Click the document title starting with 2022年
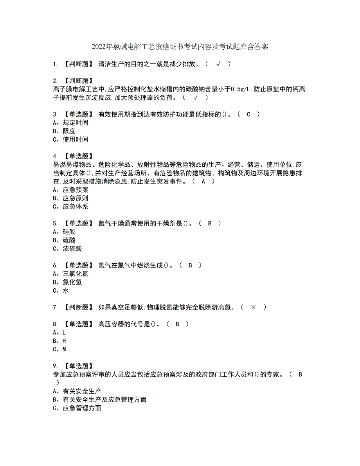(x=180, y=47)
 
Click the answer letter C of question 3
(x=248, y=114)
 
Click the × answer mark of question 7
(x=253, y=308)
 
